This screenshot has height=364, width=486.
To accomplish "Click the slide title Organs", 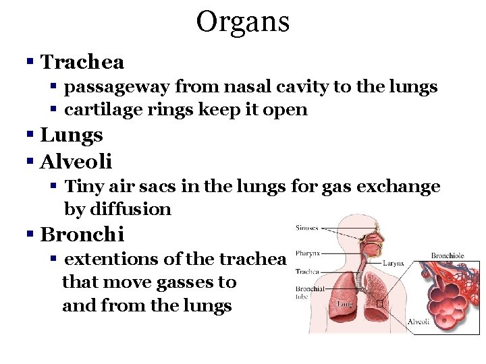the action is (x=243, y=22).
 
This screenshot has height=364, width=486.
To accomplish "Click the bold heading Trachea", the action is (x=82, y=63).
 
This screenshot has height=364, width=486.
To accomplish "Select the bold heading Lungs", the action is (x=72, y=135).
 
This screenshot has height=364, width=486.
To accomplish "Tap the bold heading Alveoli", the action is (x=76, y=162).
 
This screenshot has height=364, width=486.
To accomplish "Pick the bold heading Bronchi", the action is (x=82, y=235).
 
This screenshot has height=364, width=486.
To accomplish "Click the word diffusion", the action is (x=118, y=210).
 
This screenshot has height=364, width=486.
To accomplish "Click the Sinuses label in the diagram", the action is (x=308, y=229).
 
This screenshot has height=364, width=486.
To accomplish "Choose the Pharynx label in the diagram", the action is (x=308, y=255).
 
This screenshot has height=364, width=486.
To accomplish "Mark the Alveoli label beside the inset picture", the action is (x=418, y=322).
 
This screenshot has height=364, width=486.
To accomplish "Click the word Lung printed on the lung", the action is (x=345, y=304).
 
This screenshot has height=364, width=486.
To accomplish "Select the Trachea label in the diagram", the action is (x=307, y=272).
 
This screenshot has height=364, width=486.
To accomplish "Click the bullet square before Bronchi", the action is (x=30, y=235).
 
